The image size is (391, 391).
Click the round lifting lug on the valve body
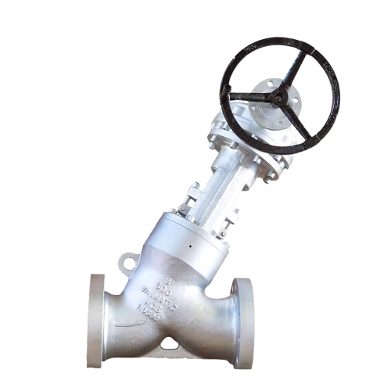(128, 260)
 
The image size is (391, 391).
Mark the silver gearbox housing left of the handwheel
(227, 129)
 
